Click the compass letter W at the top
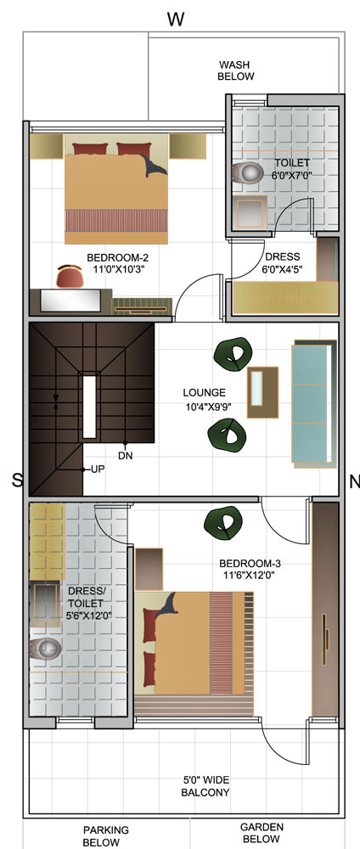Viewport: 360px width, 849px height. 176,19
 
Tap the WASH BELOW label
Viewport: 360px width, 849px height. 235,70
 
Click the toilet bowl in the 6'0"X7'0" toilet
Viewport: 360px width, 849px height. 247,172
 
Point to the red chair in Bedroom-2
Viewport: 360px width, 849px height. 70,276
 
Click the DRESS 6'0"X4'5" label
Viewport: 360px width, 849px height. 282,262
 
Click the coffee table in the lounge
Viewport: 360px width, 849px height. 263,392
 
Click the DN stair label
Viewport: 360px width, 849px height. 126,456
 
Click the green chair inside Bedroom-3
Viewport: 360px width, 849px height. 223,521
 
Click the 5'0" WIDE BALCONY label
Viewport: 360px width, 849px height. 205,786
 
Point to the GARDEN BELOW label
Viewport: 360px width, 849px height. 262,833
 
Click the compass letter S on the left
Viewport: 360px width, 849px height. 19,479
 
